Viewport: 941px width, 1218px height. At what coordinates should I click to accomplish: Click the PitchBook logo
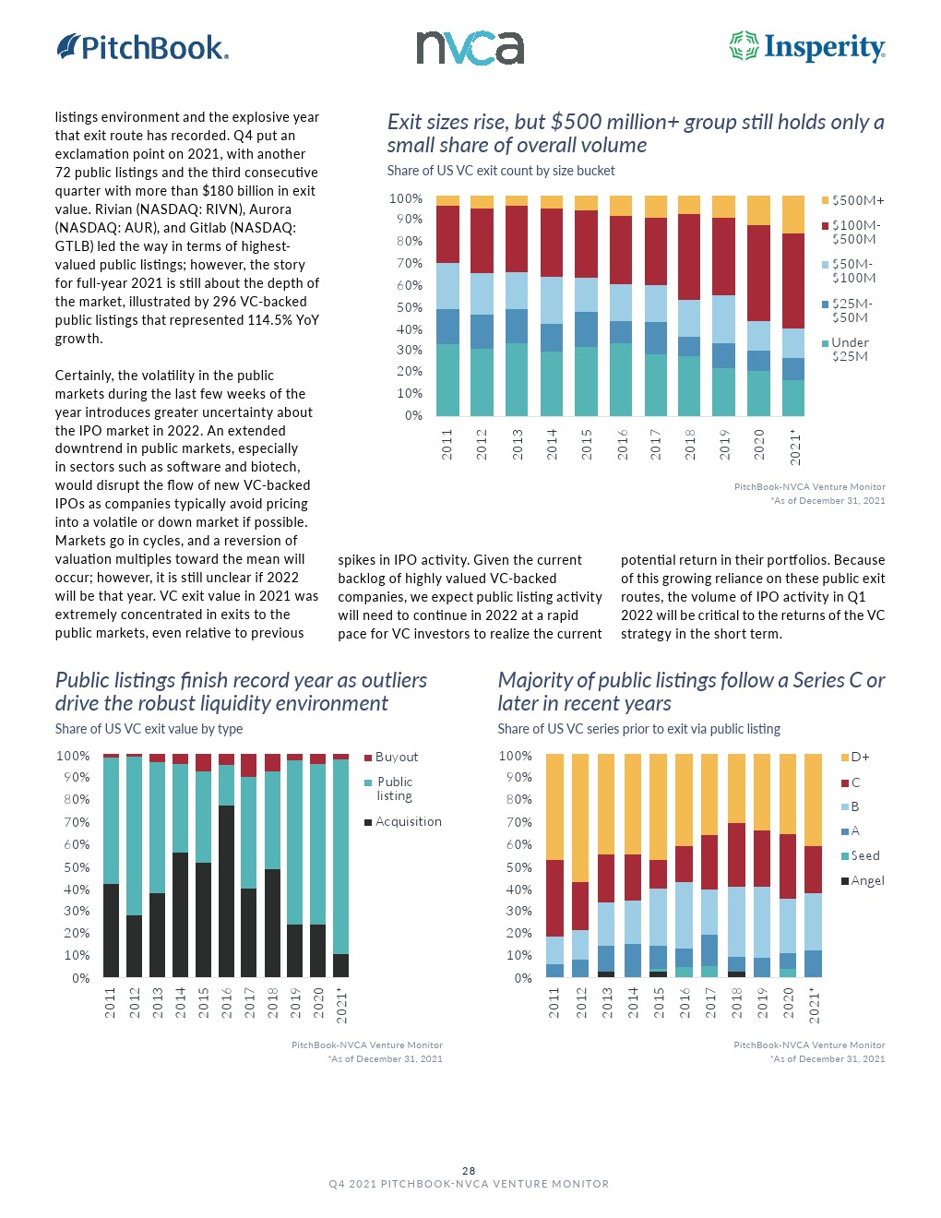[x=143, y=47]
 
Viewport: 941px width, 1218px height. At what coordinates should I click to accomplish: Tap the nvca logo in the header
[x=470, y=48]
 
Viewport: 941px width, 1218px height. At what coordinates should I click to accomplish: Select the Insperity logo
[x=807, y=46]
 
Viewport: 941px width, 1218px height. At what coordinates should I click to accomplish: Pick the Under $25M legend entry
[x=849, y=349]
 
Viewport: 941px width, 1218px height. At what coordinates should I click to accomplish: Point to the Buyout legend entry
[x=396, y=758]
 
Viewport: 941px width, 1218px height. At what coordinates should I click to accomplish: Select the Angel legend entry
[x=866, y=881]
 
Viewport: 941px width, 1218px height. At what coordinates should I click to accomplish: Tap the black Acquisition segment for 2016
[x=226, y=890]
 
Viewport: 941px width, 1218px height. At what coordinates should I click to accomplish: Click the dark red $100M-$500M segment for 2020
[x=758, y=273]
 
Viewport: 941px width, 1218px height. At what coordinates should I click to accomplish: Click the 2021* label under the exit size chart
[x=794, y=447]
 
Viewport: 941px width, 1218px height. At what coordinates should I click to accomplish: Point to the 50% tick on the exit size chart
[x=409, y=308]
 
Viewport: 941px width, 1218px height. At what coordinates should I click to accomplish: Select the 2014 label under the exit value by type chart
[x=180, y=1002]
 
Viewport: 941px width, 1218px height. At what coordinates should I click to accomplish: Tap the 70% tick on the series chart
[x=518, y=822]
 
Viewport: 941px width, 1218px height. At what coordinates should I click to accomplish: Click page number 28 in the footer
[x=469, y=1171]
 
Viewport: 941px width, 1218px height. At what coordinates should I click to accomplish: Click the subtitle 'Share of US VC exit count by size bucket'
[x=501, y=171]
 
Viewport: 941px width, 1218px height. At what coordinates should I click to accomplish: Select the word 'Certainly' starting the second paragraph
[x=83, y=376]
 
